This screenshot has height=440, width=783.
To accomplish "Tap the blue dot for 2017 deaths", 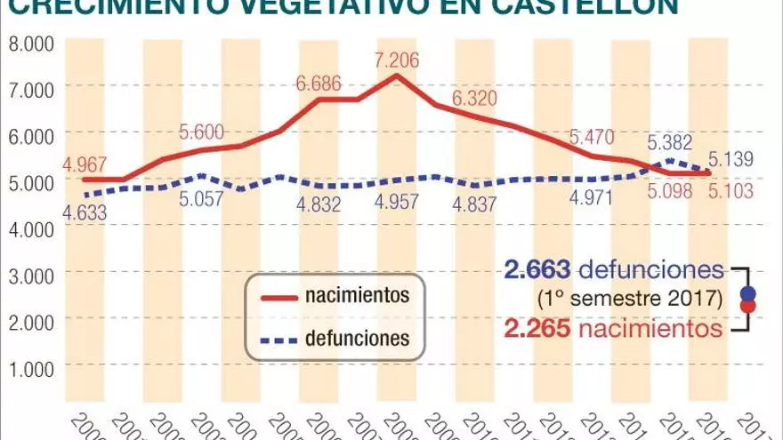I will pos(747,293).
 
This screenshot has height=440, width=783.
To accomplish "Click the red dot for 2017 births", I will pos(747,307).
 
